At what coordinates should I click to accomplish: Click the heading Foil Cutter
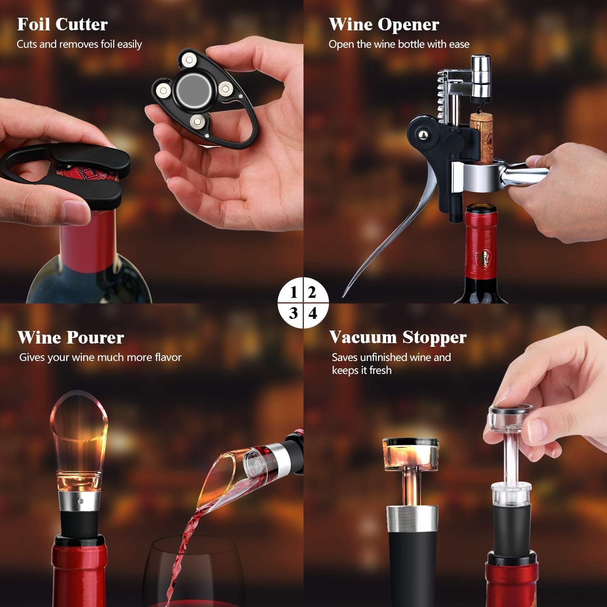coord(62,25)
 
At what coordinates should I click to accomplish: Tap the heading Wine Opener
coord(384,25)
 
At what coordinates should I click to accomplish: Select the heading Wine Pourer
coord(70,337)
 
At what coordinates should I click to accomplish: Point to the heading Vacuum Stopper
coord(398,337)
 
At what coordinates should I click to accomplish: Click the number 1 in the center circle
coord(294,292)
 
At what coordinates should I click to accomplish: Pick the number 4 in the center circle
coord(313,313)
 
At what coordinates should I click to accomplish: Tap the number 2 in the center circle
coord(312,292)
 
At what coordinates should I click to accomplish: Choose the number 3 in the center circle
coord(293,313)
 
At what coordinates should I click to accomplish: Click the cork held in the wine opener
coord(481,138)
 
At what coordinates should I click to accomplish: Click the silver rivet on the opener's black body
coord(424,134)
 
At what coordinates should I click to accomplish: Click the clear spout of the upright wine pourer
coord(79,441)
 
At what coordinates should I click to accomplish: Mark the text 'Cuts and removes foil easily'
coord(79,44)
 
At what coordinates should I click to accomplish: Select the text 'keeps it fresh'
coord(362,370)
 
